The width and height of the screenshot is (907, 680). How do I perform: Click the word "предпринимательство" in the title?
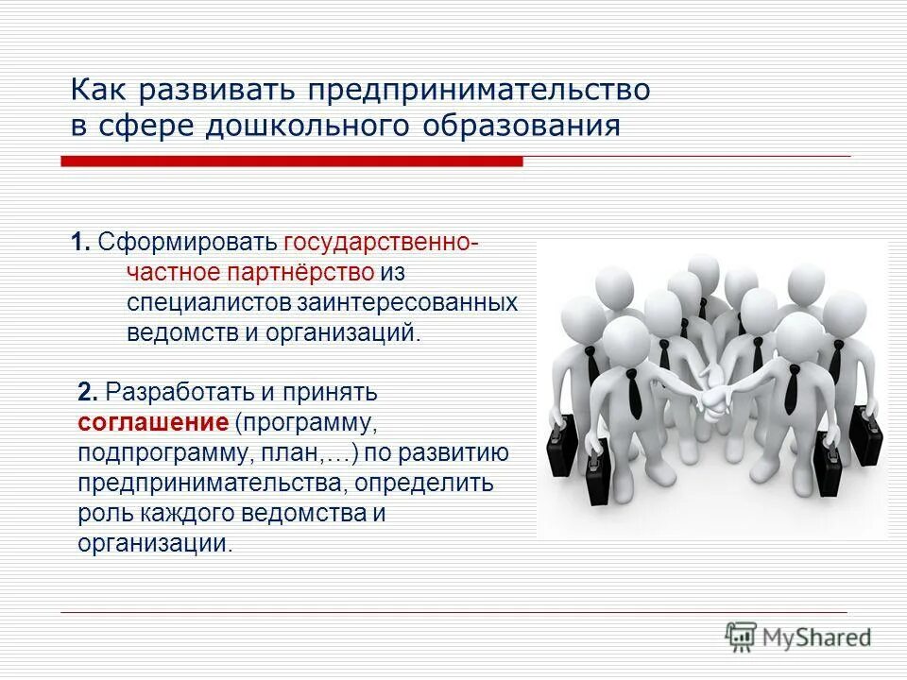point(477,91)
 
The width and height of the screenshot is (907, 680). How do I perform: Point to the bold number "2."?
point(88,390)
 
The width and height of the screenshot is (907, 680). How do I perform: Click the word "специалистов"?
point(210,302)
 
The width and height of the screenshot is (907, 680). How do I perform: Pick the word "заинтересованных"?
point(408,302)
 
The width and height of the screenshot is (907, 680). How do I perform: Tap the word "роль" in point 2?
point(99,514)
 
